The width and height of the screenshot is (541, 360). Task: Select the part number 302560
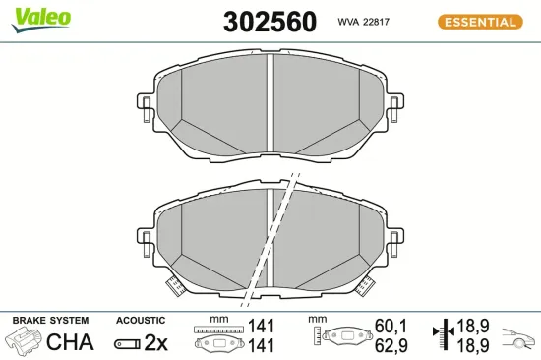270,22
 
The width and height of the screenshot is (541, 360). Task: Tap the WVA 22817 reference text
366,22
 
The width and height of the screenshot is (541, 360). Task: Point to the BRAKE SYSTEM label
49,321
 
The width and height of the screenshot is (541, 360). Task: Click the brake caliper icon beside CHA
25,342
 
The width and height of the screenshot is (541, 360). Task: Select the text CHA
70,343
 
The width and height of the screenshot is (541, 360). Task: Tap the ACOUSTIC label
140,321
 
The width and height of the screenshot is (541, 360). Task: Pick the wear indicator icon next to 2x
127,343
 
